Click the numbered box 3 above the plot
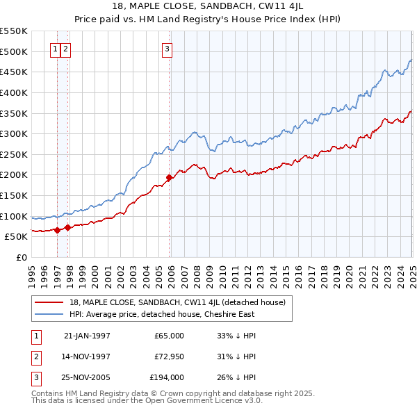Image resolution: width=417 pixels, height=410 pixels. tap(167, 49)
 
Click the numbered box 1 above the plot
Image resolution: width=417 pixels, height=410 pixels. tap(55, 49)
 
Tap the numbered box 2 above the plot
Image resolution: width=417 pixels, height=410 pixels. tap(65, 49)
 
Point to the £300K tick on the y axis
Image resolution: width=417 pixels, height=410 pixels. tap(14, 133)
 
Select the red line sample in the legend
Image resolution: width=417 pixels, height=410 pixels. tap(49, 302)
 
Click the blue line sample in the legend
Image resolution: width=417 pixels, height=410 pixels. tap(49, 314)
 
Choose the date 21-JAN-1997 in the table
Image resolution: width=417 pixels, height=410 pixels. tap(87, 336)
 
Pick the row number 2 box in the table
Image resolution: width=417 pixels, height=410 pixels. tap(35, 356)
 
